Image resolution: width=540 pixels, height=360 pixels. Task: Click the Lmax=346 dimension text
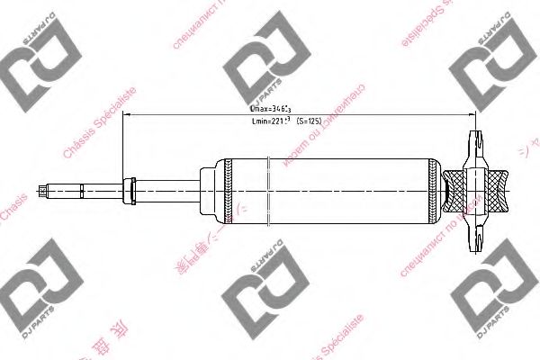coord(270,108)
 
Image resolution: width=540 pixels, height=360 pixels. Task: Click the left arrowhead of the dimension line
coord(125,114)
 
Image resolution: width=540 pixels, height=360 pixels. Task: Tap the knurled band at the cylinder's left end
coord(228,190)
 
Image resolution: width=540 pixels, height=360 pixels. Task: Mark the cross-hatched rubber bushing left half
coord(459,190)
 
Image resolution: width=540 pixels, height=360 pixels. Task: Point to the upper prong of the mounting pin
coord(475,144)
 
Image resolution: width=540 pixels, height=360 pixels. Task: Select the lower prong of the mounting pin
coord(475,237)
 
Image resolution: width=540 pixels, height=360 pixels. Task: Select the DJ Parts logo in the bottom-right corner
coord(491,297)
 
